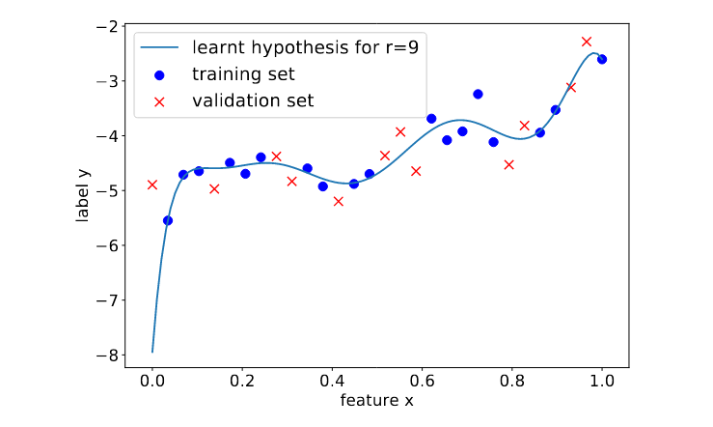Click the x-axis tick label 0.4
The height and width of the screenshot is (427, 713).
pos(332,381)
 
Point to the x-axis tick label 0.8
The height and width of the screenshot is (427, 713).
pos(512,381)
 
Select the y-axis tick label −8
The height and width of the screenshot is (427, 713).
pos(107,356)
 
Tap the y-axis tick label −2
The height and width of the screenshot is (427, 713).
pos(107,27)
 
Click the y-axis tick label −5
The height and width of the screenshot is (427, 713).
pos(107,190)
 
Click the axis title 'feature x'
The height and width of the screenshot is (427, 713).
pos(377,401)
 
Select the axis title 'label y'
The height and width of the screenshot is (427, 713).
pos(83,196)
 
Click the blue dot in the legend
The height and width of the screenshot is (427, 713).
pos(159,75)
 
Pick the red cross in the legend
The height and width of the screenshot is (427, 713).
pos(159,102)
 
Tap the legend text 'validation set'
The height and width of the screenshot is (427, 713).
pos(253,100)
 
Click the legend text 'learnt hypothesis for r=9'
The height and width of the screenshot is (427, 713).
pos(305,47)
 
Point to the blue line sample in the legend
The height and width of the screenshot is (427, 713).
pos(159,47)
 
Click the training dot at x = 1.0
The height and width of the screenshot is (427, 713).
pos(602,59)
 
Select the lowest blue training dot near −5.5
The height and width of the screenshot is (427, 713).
pos(168,221)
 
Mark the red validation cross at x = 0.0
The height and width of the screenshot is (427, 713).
pos(152,185)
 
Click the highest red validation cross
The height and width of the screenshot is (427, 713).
pos(587,42)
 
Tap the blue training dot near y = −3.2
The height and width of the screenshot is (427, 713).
pos(478,95)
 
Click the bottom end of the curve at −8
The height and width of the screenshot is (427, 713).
pos(152,352)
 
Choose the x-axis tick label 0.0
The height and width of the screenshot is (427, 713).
pos(152,381)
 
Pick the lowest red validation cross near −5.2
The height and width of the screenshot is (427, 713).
pos(339,201)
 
